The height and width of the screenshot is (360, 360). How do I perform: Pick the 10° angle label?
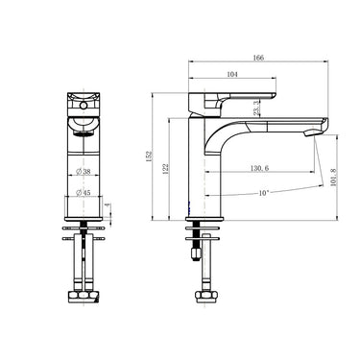[262, 194]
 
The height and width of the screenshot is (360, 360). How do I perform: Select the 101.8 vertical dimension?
[334, 179]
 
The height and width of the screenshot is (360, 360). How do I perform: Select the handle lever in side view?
[240, 100]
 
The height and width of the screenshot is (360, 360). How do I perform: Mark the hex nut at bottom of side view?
[205, 295]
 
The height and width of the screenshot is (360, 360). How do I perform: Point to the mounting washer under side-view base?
[205, 230]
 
